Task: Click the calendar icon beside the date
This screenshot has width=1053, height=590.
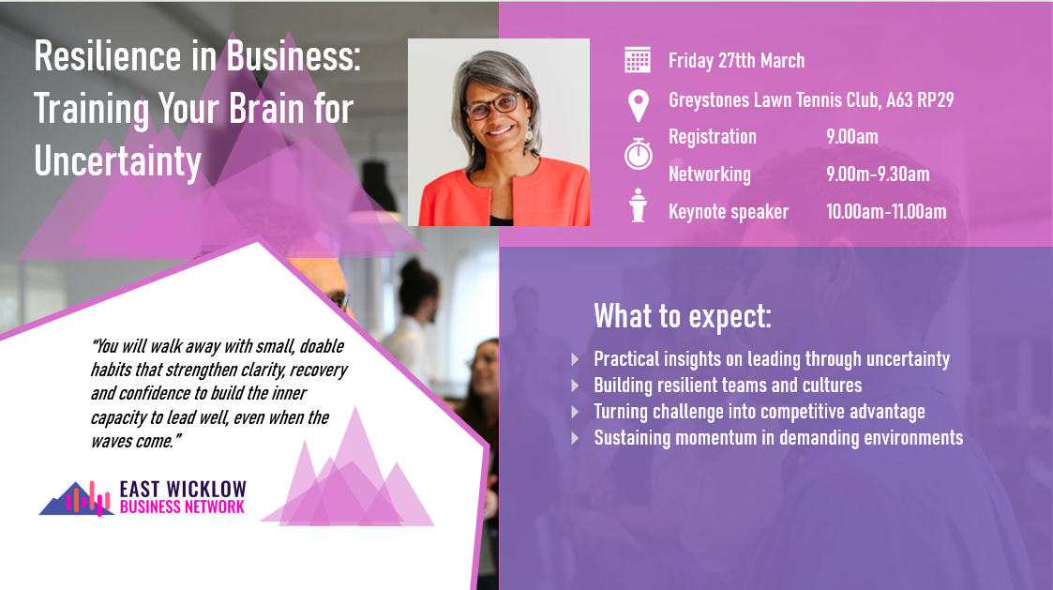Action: (638, 60)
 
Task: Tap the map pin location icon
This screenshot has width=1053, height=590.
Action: (638, 104)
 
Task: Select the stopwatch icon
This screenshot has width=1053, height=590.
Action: (638, 153)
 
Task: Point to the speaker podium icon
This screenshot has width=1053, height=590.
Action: (639, 205)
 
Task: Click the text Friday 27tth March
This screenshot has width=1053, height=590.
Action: (736, 61)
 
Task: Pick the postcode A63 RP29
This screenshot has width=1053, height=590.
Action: (921, 99)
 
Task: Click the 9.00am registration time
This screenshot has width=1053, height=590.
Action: (851, 137)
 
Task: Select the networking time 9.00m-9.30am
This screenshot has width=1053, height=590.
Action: (878, 174)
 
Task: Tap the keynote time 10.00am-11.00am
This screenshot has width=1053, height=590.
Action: (886, 212)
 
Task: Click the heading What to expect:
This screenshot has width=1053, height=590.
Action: (683, 317)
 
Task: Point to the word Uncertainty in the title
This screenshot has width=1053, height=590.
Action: (117, 161)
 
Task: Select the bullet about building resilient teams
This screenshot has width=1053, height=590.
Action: (728, 386)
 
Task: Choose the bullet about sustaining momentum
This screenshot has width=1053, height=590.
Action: (778, 438)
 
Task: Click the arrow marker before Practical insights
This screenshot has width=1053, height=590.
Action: (575, 359)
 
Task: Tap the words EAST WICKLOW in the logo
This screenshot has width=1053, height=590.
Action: (183, 489)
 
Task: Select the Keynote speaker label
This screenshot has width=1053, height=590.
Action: (729, 212)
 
